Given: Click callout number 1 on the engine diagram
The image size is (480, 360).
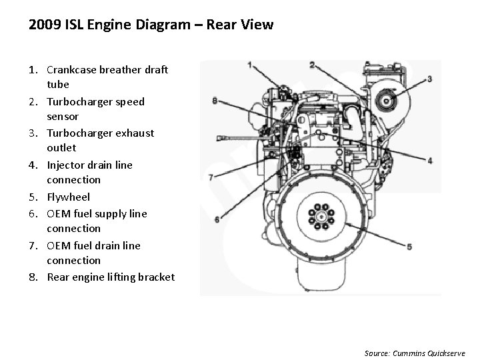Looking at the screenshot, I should tap(249, 65).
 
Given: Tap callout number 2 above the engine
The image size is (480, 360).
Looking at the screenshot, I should tap(312, 65).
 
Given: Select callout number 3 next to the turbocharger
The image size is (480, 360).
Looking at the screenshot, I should tap(429, 79).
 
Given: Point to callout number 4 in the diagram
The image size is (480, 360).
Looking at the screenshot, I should tap(430, 161).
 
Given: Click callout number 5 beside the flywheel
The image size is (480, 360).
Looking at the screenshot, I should tap(409, 246).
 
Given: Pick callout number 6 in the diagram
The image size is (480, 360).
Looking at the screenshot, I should tap(217, 219).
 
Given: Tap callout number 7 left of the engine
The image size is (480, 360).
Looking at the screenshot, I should tap(211, 177).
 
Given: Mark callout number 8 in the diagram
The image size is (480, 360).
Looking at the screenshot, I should tap(214, 101).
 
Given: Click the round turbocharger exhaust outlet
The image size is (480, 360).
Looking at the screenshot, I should tap(383, 101).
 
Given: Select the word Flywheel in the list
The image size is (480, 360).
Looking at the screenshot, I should tap(68, 197).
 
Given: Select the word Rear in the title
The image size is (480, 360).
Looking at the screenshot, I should tap(221, 25).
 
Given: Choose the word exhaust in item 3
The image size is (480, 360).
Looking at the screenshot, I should tap(133, 133).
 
